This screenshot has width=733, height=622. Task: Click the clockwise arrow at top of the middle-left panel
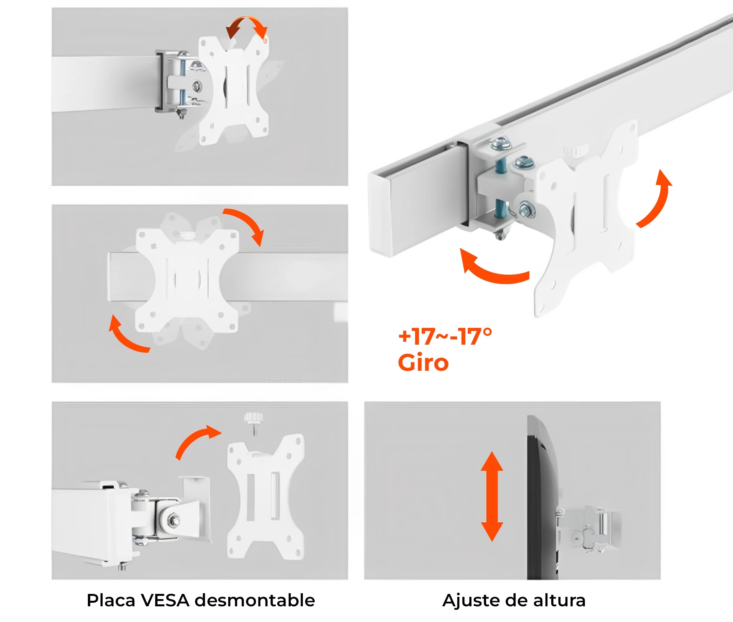pos(247,224)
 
